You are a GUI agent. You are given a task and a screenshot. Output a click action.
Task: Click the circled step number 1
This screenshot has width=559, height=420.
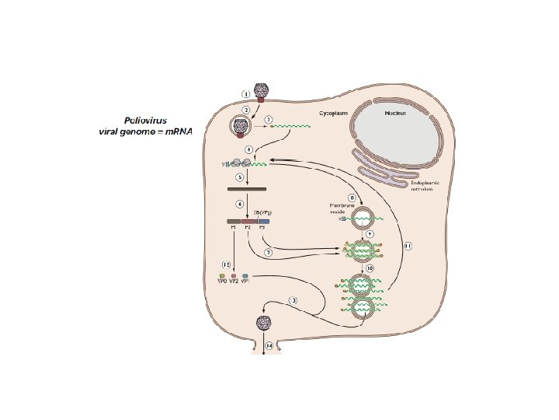246,94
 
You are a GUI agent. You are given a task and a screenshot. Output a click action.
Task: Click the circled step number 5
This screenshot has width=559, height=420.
240,177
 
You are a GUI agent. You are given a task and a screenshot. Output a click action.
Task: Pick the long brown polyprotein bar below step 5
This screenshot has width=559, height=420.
247,188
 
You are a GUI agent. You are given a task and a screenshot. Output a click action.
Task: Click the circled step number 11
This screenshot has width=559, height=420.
407,246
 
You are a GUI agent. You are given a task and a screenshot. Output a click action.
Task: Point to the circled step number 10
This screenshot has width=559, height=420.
370,268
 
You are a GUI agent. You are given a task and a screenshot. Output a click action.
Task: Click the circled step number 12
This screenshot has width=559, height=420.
226,264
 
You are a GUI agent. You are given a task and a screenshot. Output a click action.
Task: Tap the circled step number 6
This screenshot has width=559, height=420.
240,204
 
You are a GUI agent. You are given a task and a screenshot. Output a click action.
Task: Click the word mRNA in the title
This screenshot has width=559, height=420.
178,132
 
